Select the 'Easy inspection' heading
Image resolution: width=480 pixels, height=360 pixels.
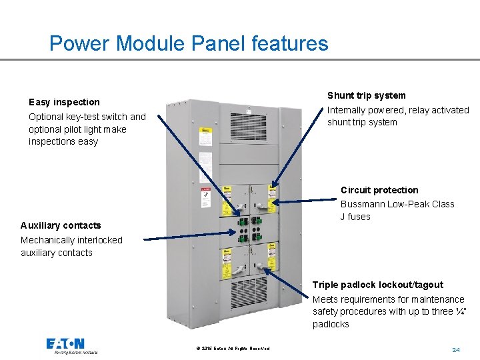[x=64, y=102]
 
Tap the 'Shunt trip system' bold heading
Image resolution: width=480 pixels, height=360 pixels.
[x=366, y=95]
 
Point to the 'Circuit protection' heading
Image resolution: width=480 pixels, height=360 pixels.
[x=379, y=190]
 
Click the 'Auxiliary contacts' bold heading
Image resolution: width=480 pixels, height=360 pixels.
[x=61, y=225]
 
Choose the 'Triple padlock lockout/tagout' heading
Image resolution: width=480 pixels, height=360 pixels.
[x=377, y=285]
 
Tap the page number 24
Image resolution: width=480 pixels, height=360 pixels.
[x=456, y=349]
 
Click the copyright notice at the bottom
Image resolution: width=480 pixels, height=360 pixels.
[x=233, y=349]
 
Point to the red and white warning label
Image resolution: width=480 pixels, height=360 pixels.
[x=207, y=198]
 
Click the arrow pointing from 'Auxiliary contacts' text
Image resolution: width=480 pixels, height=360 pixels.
[x=190, y=236]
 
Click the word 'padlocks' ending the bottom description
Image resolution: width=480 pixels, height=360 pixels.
[x=331, y=324]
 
